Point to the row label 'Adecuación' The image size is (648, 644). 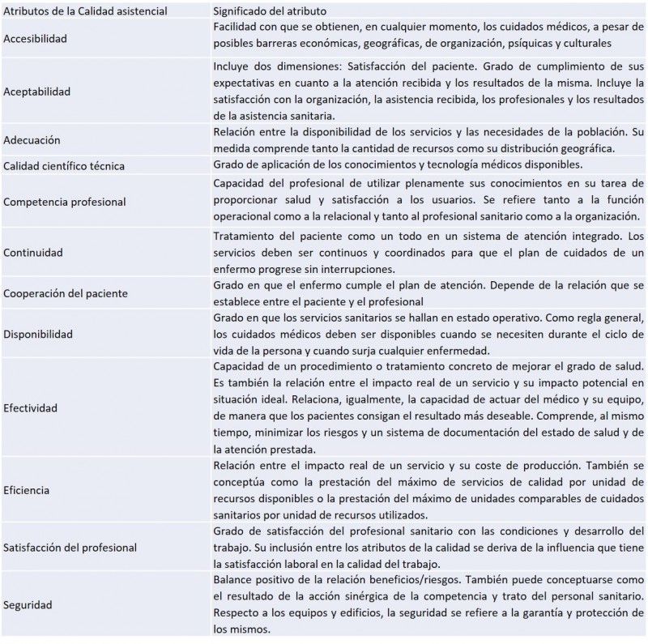coord(32,139)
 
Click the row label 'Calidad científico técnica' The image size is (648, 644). coord(64,166)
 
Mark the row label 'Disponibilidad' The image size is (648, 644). coord(38,333)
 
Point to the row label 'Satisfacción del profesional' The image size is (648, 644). coord(70,547)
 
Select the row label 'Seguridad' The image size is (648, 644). coord(29,604)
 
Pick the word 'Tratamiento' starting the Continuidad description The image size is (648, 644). coord(245,236)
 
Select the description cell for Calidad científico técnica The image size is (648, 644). coord(429,166)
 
